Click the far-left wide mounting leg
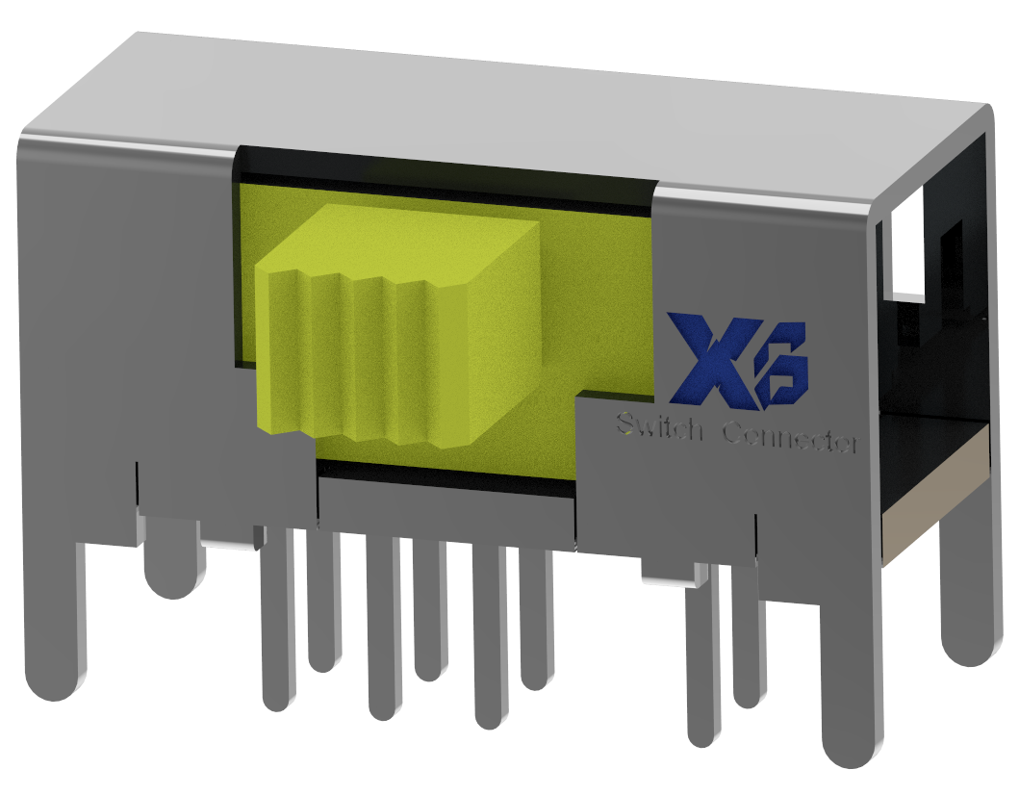tap(53, 616)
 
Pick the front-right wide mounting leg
tap(851, 674)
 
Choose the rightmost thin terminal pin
tap(749, 635)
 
